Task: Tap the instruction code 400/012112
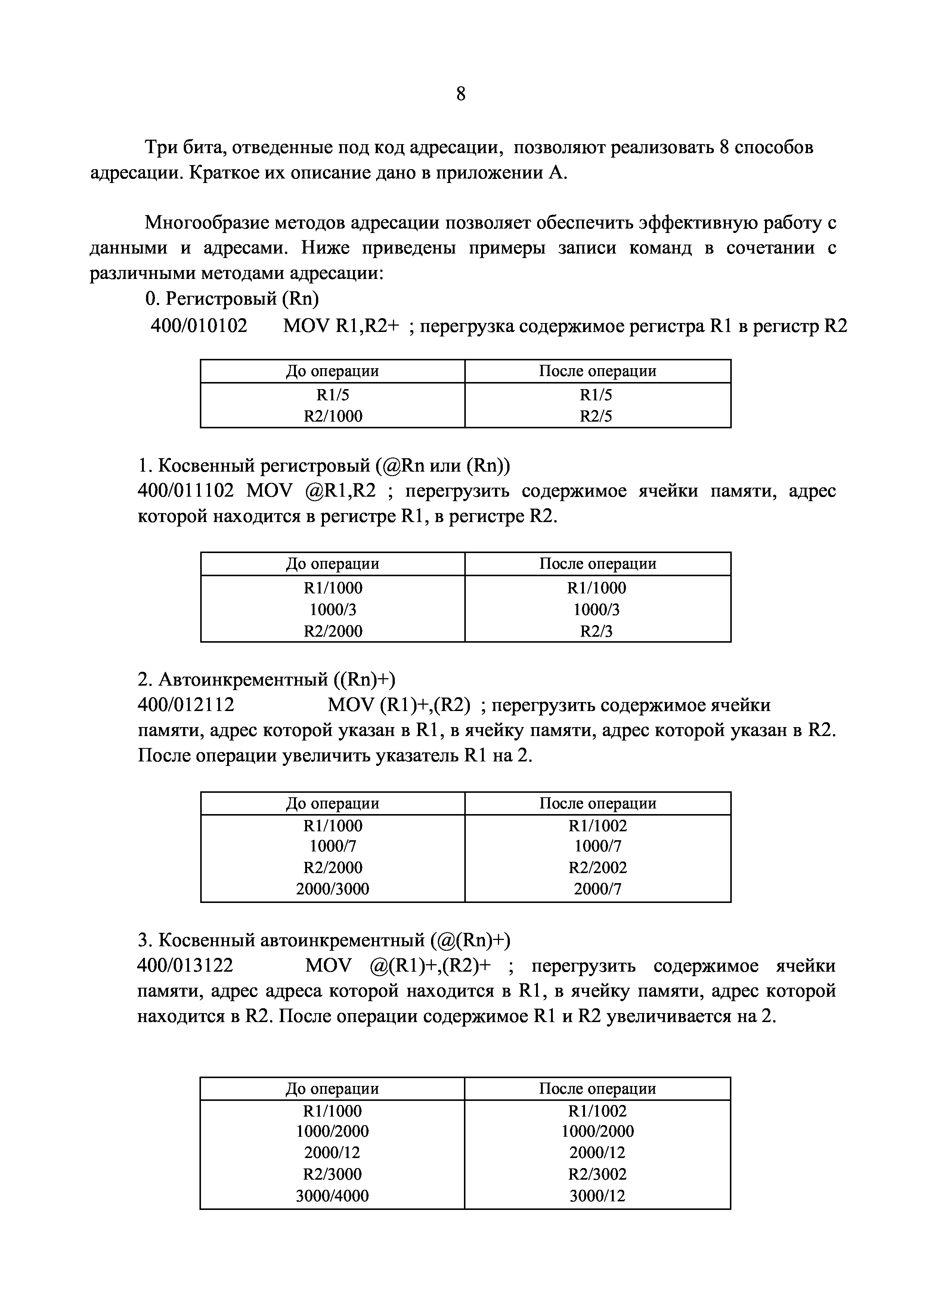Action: tap(186, 705)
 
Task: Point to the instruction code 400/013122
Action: tap(185, 965)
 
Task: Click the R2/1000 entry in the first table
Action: tap(332, 416)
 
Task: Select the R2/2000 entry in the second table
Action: tap(332, 631)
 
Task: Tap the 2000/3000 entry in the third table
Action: tap(332, 888)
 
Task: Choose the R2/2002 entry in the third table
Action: tap(597, 867)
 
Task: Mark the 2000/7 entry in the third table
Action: tap(597, 888)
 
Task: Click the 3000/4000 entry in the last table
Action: tap(332, 1195)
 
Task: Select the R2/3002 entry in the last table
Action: tap(597, 1174)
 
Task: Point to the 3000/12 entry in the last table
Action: tap(597, 1195)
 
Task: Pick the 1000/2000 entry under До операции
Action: tap(332, 1131)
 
